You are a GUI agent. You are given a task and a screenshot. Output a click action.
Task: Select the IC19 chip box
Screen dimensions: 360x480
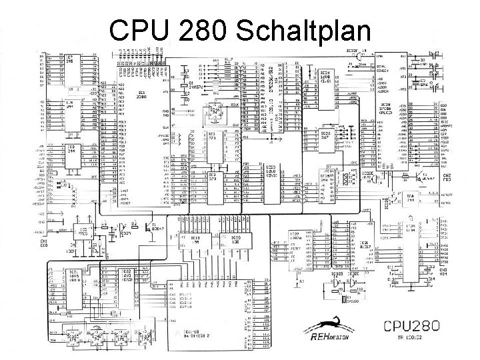pos(195,245)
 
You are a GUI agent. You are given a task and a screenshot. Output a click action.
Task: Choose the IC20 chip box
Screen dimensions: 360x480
pos(235,245)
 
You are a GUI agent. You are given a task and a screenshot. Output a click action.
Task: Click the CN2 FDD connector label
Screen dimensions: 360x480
pos(447,177)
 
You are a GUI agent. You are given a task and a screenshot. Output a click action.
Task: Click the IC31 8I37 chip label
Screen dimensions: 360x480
pos(364,245)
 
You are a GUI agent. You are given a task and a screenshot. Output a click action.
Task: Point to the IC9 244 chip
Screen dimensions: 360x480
pos(69,151)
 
